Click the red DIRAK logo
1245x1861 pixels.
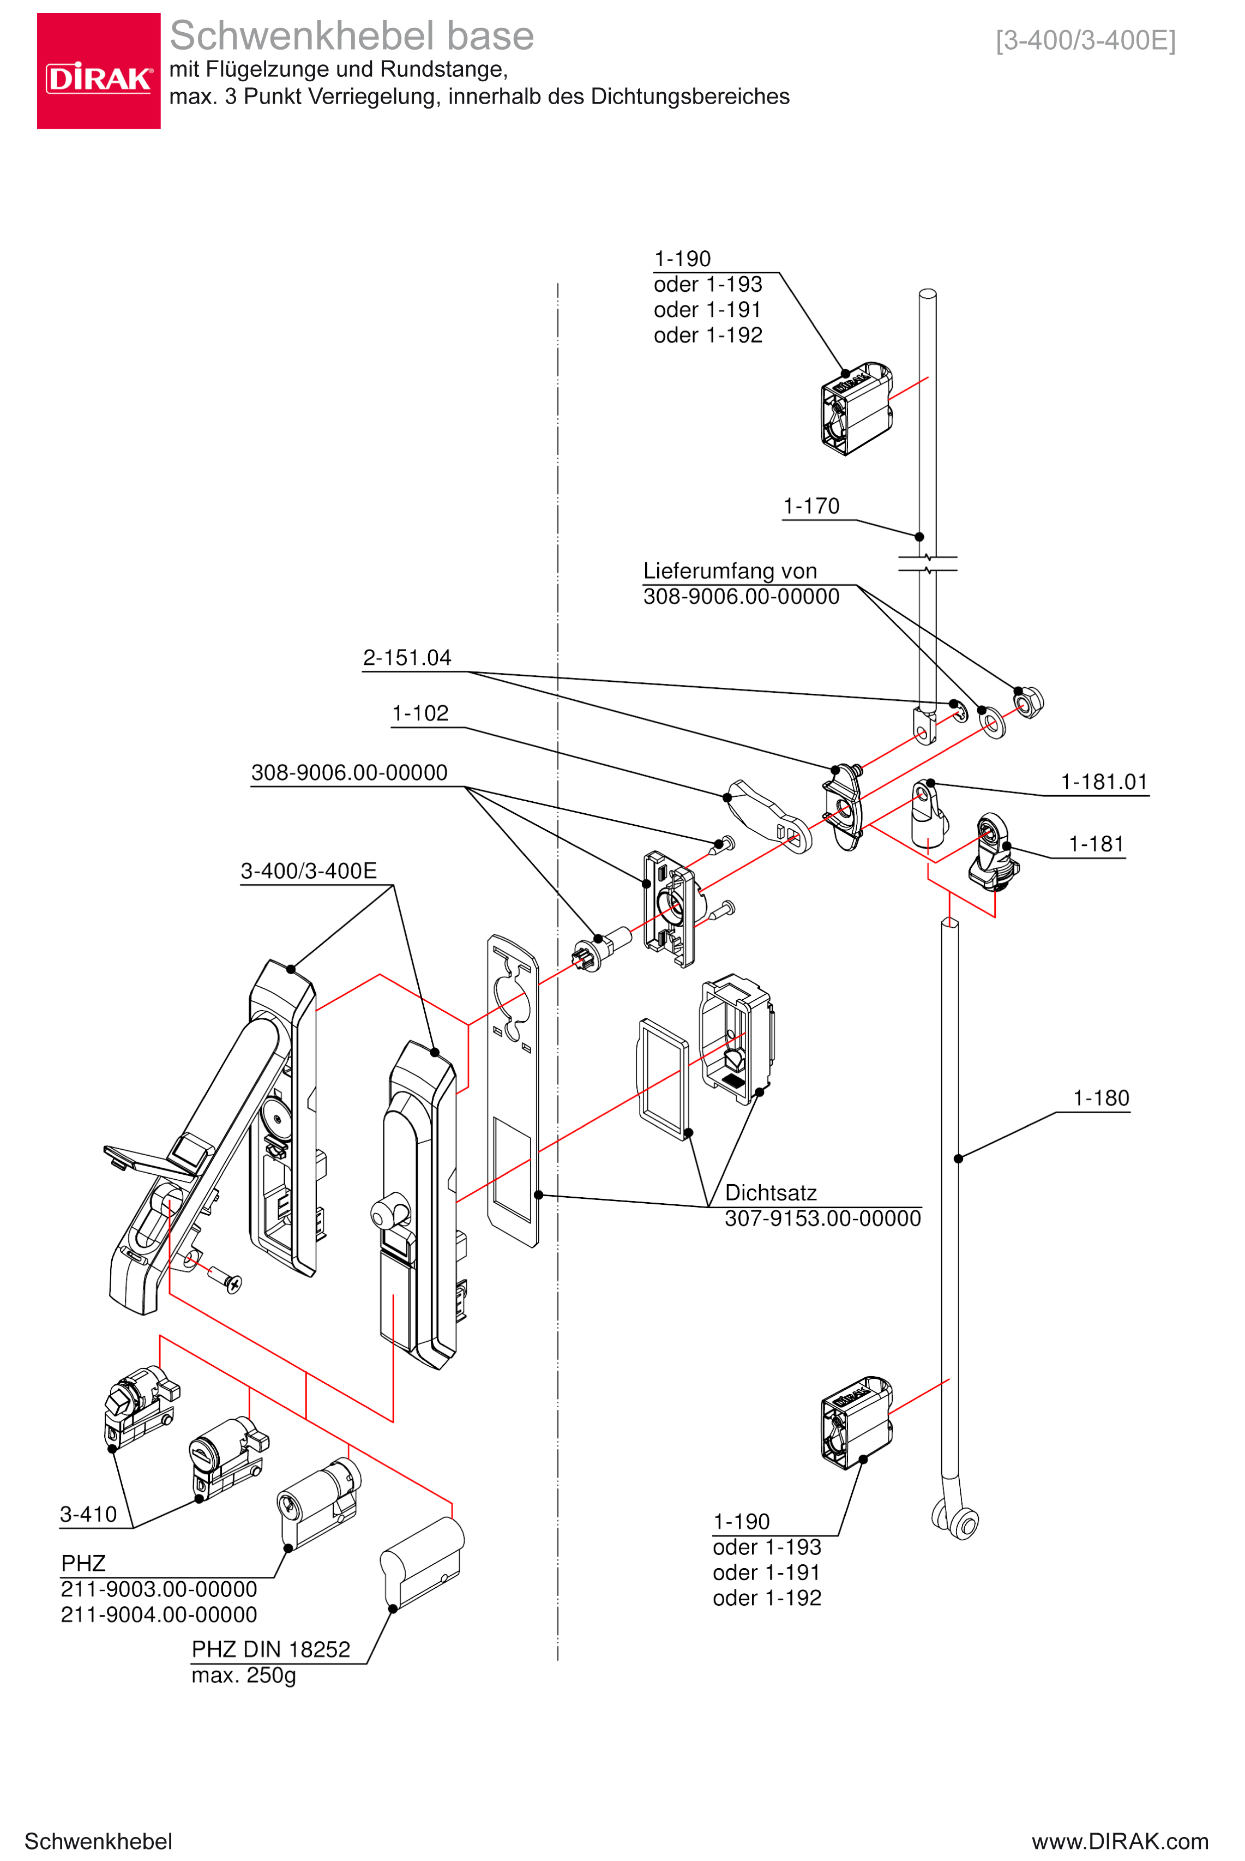[99, 71]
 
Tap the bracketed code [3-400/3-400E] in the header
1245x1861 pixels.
[1085, 40]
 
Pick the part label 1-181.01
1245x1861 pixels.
[1104, 782]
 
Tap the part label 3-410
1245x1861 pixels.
[88, 1515]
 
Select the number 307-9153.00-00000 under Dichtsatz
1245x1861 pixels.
[822, 1218]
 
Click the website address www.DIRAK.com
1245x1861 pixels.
[1120, 1841]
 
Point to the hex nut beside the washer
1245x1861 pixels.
[1030, 703]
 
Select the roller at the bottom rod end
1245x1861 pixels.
[964, 1524]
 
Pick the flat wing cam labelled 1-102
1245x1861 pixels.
[768, 814]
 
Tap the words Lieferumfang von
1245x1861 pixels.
[730, 572]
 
